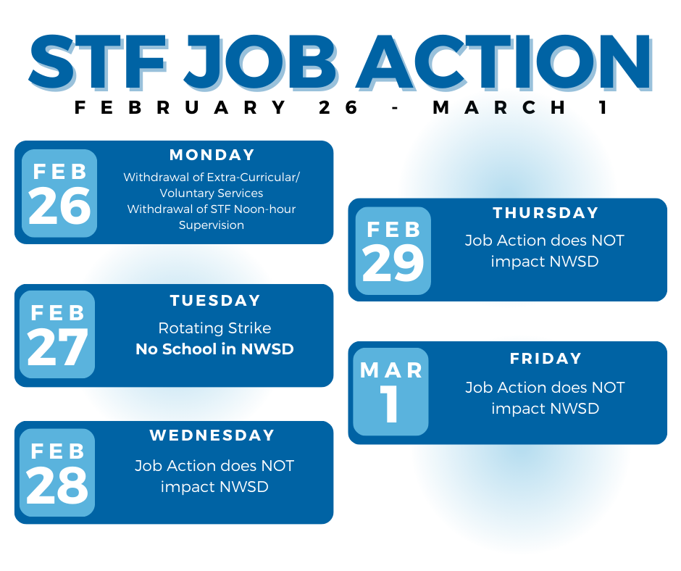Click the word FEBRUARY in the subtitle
pos(180,107)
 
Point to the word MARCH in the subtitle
pos(499,107)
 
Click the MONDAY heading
pos(212,154)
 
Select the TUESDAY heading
pos(215,300)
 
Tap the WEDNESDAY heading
pos(212,435)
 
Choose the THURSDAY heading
pos(546,212)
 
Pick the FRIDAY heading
pos(546,358)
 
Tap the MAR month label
pos(391,370)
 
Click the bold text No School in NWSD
pos(214,349)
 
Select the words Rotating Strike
pos(214,328)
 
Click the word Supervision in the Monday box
pos(212,225)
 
